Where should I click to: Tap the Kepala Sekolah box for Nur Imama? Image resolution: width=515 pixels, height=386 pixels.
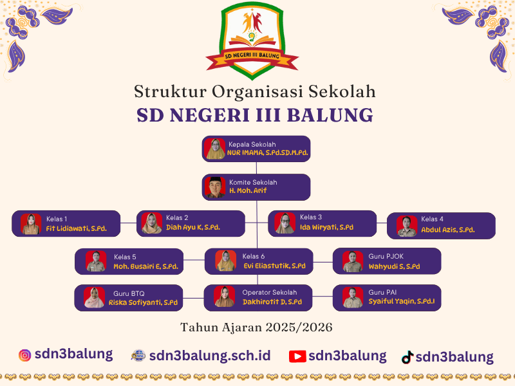pos(256,149)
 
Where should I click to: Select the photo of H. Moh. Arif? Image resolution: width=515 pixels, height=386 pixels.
pos(215,187)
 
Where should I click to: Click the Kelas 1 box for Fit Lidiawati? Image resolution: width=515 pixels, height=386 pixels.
pos(66,224)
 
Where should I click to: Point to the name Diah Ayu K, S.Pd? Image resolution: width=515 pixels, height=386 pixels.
pos(193,228)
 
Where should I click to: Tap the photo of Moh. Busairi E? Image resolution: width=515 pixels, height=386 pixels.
pos(96,261)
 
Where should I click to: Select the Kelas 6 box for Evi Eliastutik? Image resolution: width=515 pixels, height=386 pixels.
pos(259,261)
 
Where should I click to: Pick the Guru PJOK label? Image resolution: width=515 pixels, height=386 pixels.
pos(384,256)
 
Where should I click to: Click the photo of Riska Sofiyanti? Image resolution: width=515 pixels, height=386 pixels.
pos(94,298)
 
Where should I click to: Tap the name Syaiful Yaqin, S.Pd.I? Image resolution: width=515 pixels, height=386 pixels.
pos(402,302)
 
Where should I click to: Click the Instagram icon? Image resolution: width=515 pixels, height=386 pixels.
pos(25,355)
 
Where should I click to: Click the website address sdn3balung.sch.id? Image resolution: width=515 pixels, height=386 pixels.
pos(209,356)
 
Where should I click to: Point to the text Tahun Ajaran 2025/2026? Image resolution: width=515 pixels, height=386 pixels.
pos(256,327)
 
